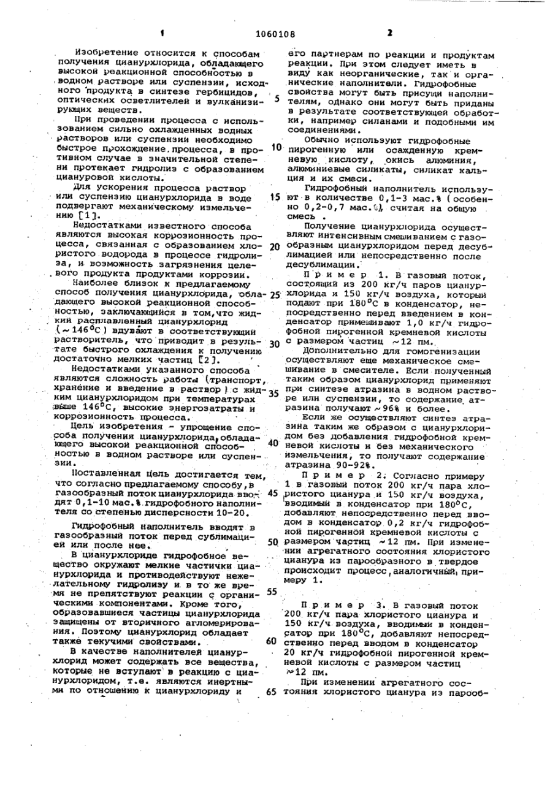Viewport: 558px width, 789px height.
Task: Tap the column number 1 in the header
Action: (x=162, y=34)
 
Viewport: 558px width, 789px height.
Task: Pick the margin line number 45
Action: (x=273, y=493)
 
